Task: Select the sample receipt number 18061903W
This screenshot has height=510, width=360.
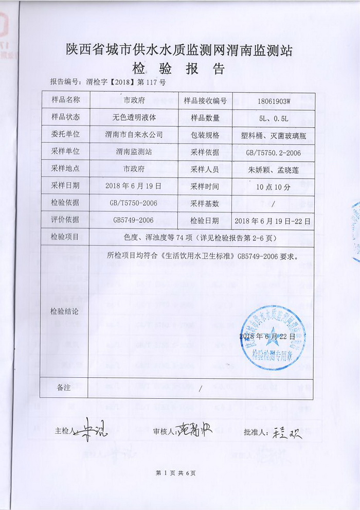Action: coord(273,101)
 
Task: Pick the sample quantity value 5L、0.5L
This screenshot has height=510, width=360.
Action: coord(273,118)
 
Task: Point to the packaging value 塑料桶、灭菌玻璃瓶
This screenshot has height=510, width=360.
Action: coord(273,135)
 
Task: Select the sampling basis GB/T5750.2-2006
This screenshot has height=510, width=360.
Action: coord(273,152)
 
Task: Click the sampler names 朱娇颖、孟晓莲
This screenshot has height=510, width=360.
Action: coord(273,169)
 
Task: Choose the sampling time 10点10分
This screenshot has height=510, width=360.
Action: coord(273,186)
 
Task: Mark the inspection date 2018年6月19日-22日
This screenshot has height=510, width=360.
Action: coord(273,220)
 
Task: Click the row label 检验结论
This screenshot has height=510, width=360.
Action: coord(64,311)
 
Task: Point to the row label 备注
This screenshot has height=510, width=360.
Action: coord(64,388)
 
